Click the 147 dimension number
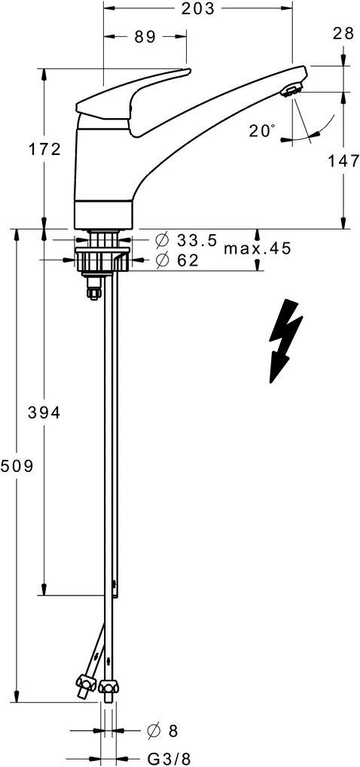pos(343,160)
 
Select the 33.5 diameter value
pos(197,241)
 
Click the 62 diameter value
pos(188,260)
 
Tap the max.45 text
pos(257,248)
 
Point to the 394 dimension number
pos(44,412)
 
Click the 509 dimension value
pos(17,466)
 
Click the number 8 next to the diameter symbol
pos(172,730)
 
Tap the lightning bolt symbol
pos(285,339)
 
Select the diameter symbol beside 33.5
pos(161,241)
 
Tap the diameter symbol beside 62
pos(161,260)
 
